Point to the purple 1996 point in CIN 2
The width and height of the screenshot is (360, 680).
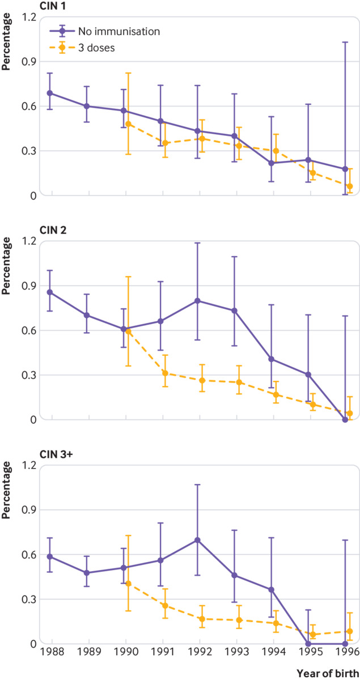pyautogui.click(x=345, y=419)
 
